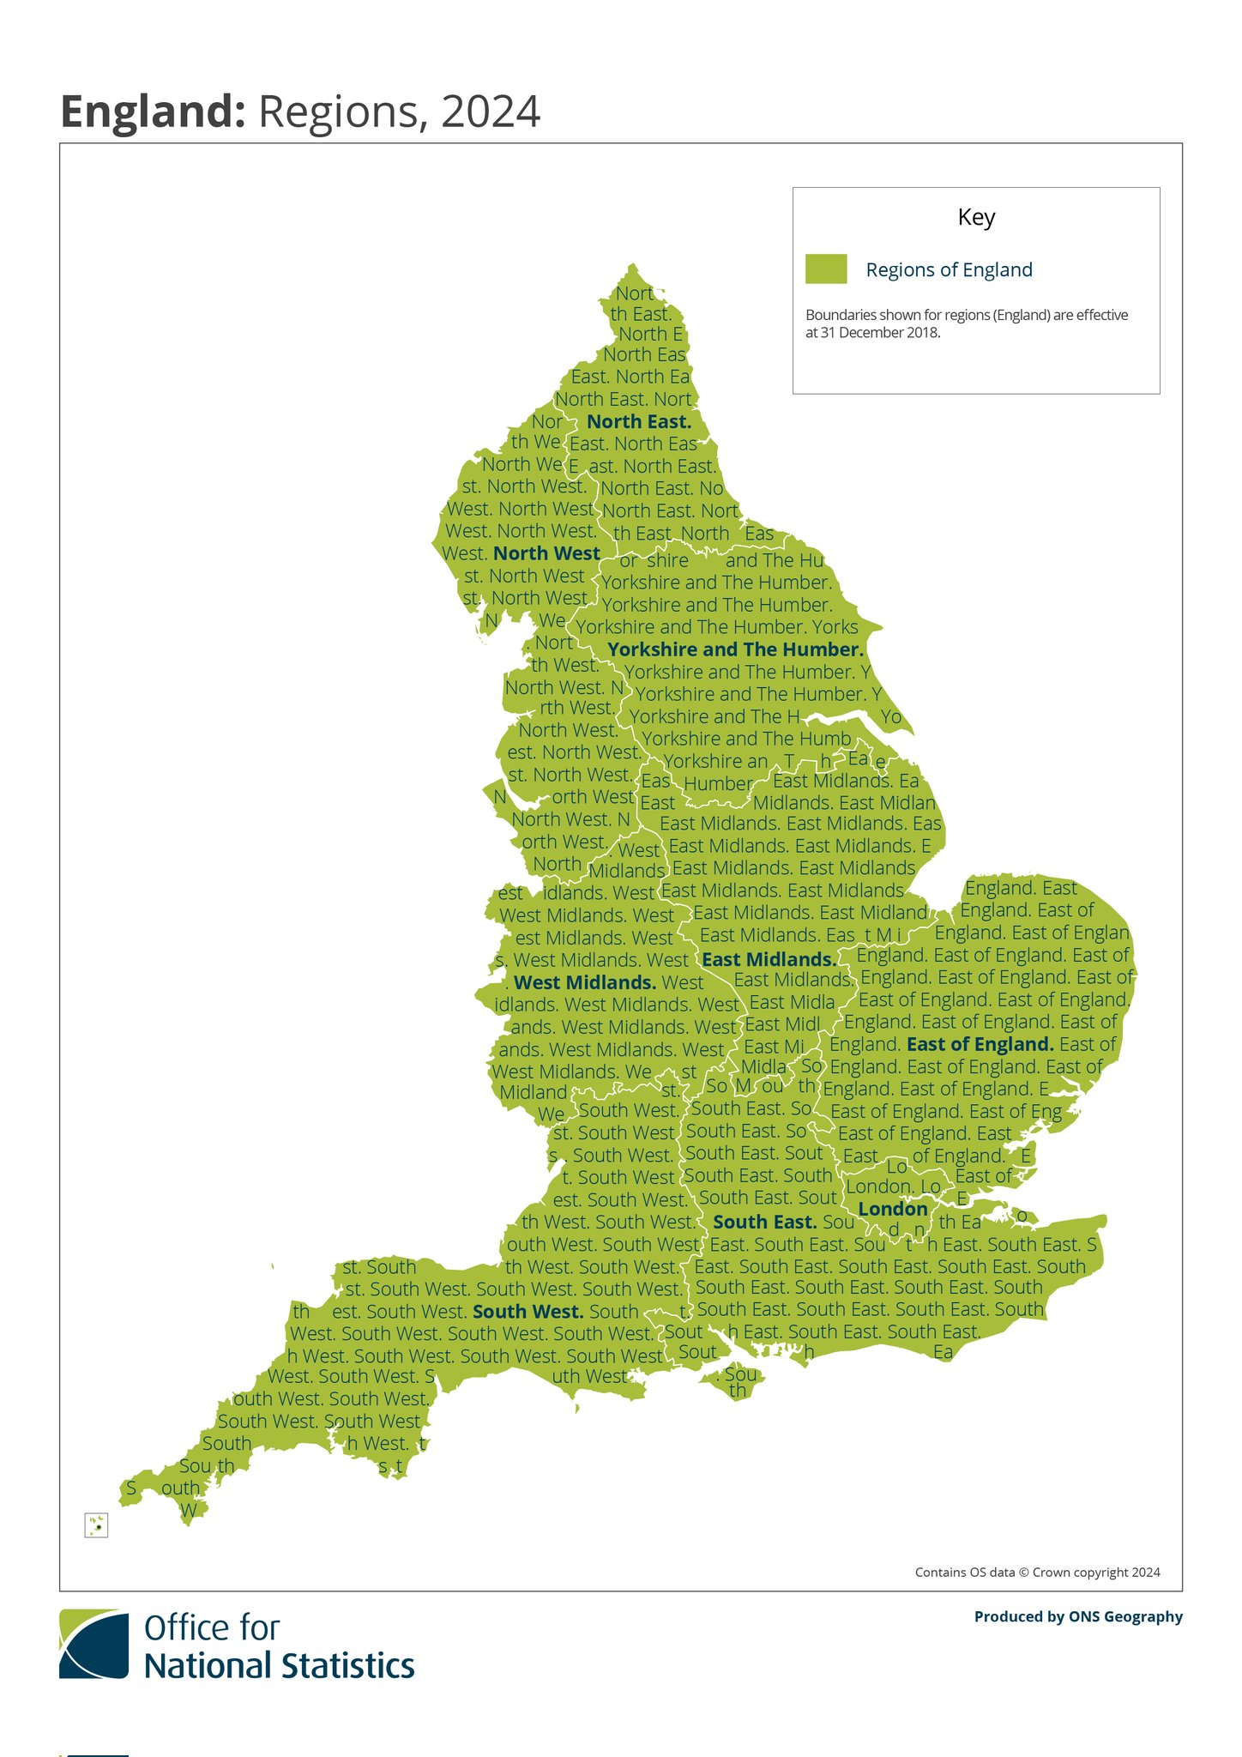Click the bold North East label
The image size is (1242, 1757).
coord(639,422)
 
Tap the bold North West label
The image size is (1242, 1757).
coord(546,554)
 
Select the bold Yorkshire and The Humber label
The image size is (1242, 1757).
coord(735,650)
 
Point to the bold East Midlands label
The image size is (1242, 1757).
coord(769,960)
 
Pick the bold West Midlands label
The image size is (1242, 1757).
coord(585,983)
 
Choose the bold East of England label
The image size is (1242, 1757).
coord(980,1045)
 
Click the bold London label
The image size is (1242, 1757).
coord(893,1210)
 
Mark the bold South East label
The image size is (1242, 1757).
coord(764,1222)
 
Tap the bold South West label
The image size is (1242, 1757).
coord(528,1312)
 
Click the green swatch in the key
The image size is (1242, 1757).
coord(826,269)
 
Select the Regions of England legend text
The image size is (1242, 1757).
coord(949,270)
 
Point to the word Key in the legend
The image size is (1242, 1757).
coord(976,217)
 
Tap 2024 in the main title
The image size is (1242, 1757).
coord(491,112)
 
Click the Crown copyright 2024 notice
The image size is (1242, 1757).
coord(1037,1573)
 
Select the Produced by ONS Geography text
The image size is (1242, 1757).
coord(1078,1617)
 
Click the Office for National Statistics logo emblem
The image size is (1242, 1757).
coord(93,1645)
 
